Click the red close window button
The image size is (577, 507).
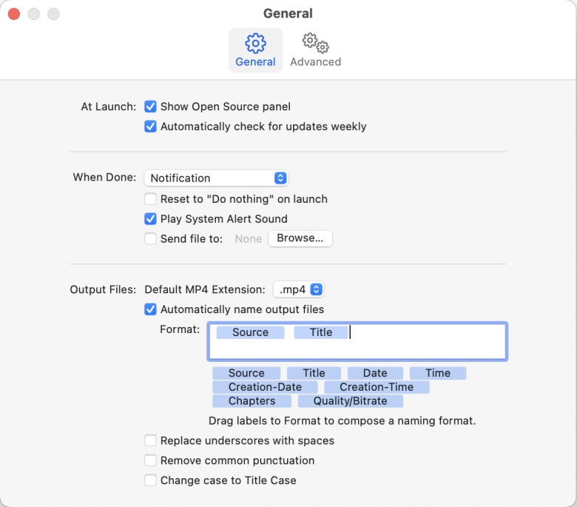pos(14,14)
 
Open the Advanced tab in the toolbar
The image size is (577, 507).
pos(315,50)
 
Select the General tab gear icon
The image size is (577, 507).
pos(255,43)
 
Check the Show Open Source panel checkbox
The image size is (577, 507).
pos(150,107)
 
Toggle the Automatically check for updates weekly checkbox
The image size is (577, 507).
pos(150,127)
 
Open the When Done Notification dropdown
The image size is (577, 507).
pos(215,178)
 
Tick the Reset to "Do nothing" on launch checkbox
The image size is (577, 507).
pos(150,199)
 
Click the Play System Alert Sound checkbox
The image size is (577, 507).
pos(150,219)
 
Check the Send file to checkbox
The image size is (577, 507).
pos(150,239)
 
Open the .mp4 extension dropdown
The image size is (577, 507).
pos(299,289)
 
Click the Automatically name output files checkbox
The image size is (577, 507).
pos(150,309)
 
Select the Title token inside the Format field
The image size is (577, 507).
pos(321,332)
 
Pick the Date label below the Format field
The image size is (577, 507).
pos(375,373)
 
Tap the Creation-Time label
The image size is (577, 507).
pos(377,387)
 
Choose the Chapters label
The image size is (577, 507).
pos(252,401)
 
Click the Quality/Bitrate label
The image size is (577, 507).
pos(350,401)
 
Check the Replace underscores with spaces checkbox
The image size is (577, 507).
pos(150,441)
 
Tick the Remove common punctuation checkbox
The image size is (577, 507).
pos(150,460)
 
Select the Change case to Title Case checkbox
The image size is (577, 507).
pos(150,480)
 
